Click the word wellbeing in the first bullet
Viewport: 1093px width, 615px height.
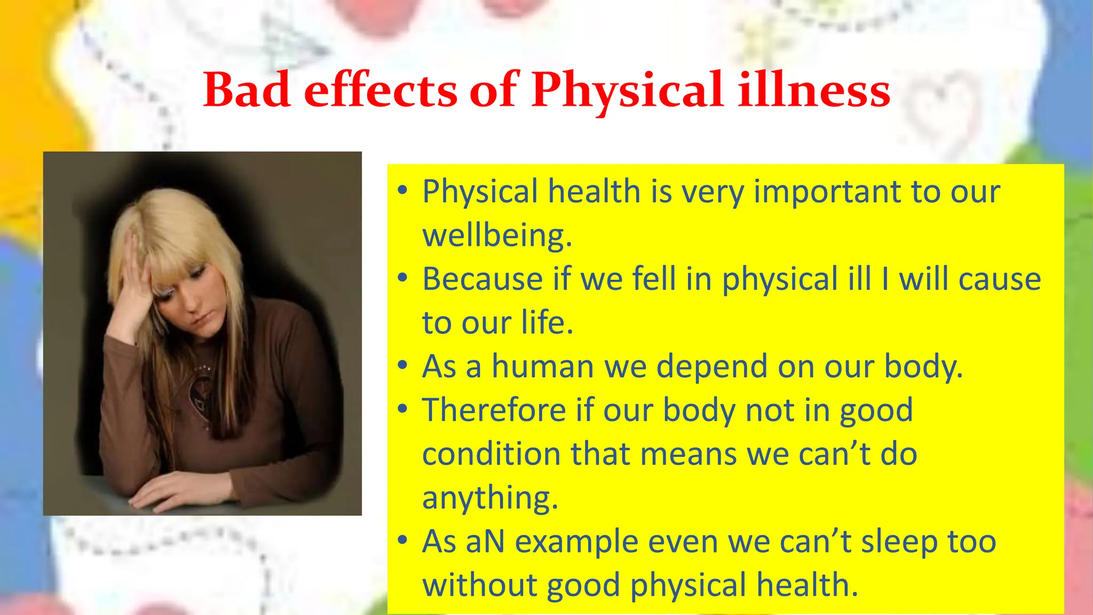pyautogui.click(x=496, y=235)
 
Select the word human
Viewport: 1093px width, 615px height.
pyautogui.click(x=542, y=367)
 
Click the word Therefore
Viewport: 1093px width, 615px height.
pyautogui.click(x=494, y=411)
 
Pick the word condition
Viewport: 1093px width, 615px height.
pyautogui.click(x=491, y=454)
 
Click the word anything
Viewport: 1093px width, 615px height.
pyautogui.click(x=489, y=498)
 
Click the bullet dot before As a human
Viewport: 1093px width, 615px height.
pyautogui.click(x=402, y=366)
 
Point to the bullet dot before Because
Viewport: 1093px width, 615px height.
pyautogui.click(x=402, y=278)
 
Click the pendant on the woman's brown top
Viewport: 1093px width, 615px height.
pyautogui.click(x=203, y=390)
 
